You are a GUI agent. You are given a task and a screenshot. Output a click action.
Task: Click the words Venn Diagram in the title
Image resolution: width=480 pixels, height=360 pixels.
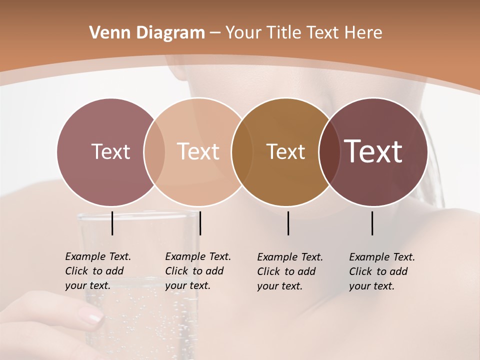[x=147, y=32]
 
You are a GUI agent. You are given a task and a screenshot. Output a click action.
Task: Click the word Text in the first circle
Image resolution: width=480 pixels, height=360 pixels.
[x=110, y=151]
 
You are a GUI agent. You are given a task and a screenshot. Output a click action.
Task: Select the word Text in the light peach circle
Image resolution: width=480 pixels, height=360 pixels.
[x=198, y=151]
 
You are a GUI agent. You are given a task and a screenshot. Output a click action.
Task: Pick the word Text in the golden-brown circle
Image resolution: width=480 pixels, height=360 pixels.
[x=285, y=151]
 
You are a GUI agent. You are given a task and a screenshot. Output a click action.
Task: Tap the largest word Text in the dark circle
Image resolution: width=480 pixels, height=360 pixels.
[x=373, y=151]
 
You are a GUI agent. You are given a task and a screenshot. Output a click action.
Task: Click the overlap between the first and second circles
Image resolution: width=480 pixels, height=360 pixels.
[x=154, y=151]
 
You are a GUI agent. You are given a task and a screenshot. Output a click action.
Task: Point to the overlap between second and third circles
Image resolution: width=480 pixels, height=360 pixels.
[x=242, y=151]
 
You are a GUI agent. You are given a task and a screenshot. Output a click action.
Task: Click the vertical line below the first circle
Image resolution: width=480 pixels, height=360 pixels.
[x=112, y=223]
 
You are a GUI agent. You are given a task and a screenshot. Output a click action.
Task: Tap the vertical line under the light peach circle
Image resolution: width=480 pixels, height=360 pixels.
[x=200, y=223]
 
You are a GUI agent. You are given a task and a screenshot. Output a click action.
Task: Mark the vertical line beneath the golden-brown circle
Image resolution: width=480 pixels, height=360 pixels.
[x=288, y=223]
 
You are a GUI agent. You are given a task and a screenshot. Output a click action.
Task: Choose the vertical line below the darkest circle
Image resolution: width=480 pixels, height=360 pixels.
[x=372, y=223]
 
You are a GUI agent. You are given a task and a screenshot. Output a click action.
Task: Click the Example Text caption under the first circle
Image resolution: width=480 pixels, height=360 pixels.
[x=98, y=271]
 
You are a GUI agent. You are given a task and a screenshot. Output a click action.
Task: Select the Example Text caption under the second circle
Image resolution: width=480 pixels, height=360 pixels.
[x=198, y=271]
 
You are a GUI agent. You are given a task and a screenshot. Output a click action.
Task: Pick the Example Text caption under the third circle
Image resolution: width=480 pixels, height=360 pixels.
[x=290, y=271]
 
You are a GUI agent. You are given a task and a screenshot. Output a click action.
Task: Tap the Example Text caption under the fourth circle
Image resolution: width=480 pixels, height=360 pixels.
[x=382, y=271]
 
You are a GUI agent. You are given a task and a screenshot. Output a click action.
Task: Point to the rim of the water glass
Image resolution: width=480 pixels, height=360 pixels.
[x=137, y=216]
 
